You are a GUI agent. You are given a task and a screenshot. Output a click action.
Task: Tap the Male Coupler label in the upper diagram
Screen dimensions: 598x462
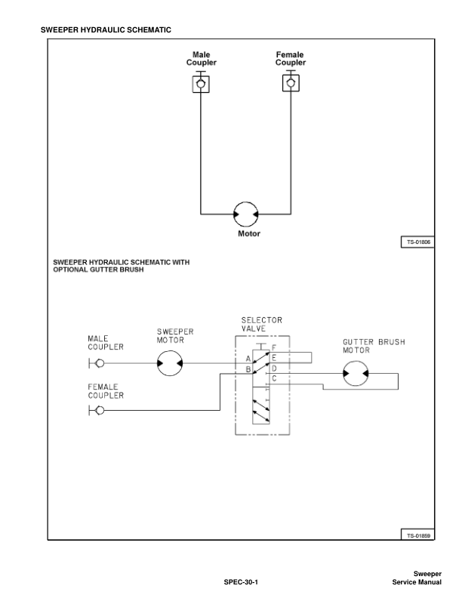tap(201, 59)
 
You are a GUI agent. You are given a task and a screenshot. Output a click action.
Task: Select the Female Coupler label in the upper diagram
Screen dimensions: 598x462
tap(290, 59)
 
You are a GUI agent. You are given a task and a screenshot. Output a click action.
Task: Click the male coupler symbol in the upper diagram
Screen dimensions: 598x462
tap(201, 84)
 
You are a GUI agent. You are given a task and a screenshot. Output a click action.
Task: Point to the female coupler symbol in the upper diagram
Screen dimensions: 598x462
tap(290, 84)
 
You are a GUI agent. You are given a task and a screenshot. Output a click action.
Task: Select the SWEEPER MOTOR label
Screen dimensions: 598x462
tap(175, 335)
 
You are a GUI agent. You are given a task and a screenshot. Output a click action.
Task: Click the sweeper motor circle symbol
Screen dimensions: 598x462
tap(170, 364)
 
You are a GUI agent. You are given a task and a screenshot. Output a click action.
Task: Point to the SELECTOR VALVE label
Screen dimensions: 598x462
tap(261, 325)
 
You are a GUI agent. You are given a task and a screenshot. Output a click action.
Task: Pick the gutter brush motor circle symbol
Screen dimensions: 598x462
tap(356, 373)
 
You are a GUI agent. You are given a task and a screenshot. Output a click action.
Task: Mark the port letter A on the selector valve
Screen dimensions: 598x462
tap(248, 358)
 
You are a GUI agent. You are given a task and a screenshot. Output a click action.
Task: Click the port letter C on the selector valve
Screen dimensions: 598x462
tap(274, 378)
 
